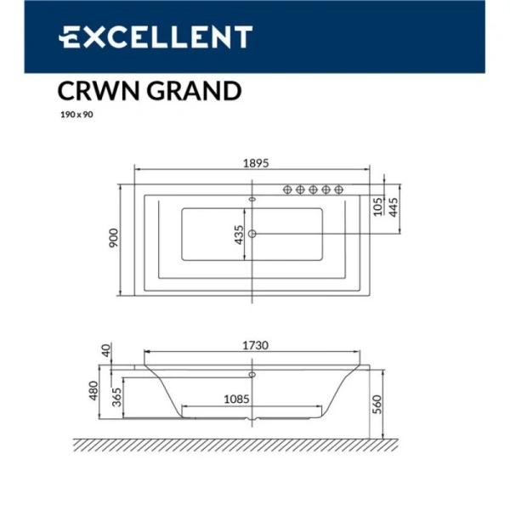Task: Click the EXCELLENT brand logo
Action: click(155, 37)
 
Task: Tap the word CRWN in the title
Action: click(93, 90)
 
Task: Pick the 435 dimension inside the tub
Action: click(240, 234)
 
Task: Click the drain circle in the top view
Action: click(252, 233)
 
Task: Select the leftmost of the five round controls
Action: click(286, 189)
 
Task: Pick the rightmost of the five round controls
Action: click(339, 189)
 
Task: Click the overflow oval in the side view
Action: click(252, 371)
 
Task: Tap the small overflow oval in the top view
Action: click(252, 201)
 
